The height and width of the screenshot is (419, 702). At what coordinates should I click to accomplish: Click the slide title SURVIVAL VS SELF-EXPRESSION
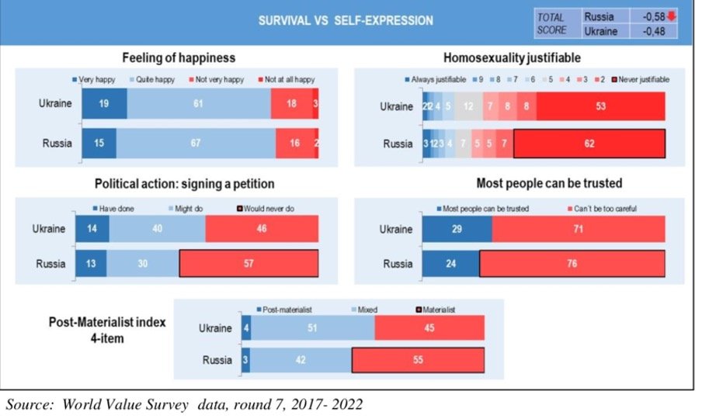(346, 21)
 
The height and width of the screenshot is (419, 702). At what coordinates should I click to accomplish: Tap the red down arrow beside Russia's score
(670, 16)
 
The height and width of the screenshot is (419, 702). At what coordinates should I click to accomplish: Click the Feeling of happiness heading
(179, 58)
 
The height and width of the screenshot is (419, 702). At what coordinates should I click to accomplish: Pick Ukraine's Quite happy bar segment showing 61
(199, 104)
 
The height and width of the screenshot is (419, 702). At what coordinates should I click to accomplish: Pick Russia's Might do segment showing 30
(143, 264)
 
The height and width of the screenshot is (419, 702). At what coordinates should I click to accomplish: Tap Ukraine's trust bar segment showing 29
(457, 230)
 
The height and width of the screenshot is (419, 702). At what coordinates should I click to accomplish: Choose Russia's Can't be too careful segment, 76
(572, 264)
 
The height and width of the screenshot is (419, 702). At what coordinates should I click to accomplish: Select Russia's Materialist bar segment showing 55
(418, 361)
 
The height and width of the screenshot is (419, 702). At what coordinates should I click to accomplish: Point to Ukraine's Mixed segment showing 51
(312, 327)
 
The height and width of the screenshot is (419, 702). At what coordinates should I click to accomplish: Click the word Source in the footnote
(27, 404)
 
